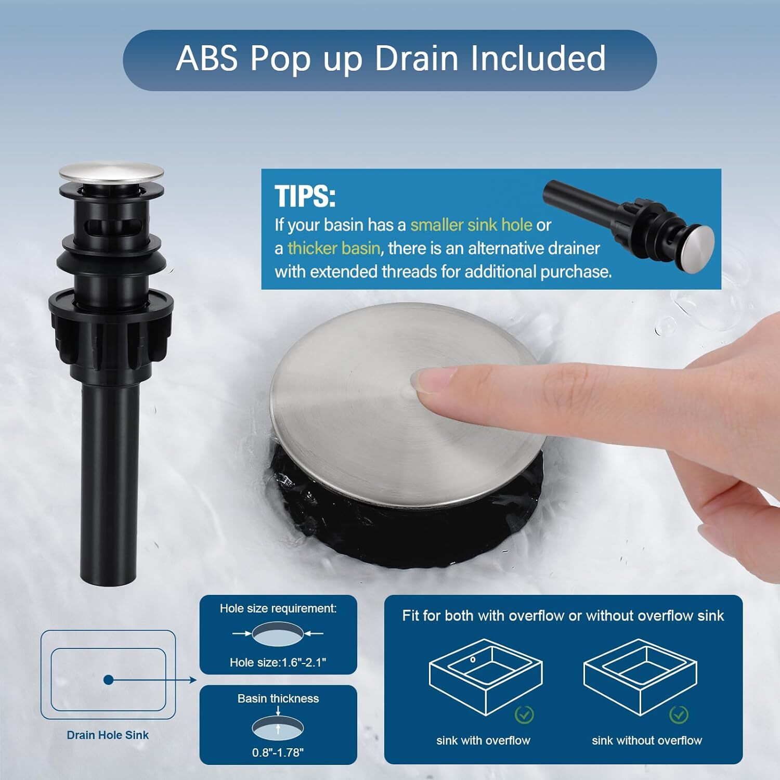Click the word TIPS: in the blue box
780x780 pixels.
click(x=305, y=196)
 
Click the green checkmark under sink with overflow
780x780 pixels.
click(x=524, y=715)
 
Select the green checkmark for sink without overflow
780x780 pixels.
click(x=679, y=714)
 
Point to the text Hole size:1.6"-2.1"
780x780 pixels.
click(x=278, y=662)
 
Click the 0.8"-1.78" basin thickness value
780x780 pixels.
click(x=278, y=752)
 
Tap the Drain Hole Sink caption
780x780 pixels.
click(x=108, y=735)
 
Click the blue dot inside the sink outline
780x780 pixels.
click(x=108, y=680)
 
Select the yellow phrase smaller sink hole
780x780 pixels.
click(x=471, y=225)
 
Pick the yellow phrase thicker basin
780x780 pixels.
click(x=334, y=248)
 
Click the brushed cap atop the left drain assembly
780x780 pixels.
click(x=111, y=173)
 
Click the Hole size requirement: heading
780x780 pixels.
click(x=278, y=608)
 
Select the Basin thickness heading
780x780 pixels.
click(x=278, y=698)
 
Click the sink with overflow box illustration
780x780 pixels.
click(x=486, y=677)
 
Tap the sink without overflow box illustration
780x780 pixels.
click(x=640, y=677)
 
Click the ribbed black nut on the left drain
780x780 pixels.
click(x=111, y=322)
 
